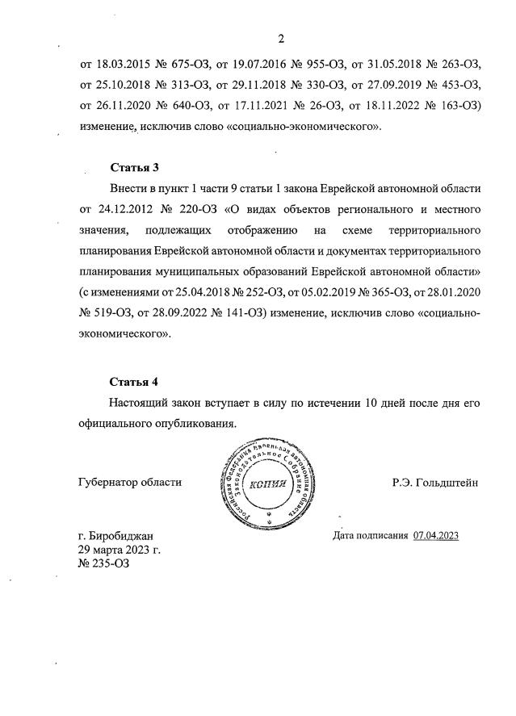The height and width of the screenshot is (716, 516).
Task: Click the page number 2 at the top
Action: [x=280, y=38]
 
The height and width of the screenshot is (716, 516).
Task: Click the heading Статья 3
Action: [x=134, y=167]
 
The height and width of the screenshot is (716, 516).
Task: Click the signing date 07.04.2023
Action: [x=435, y=535]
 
